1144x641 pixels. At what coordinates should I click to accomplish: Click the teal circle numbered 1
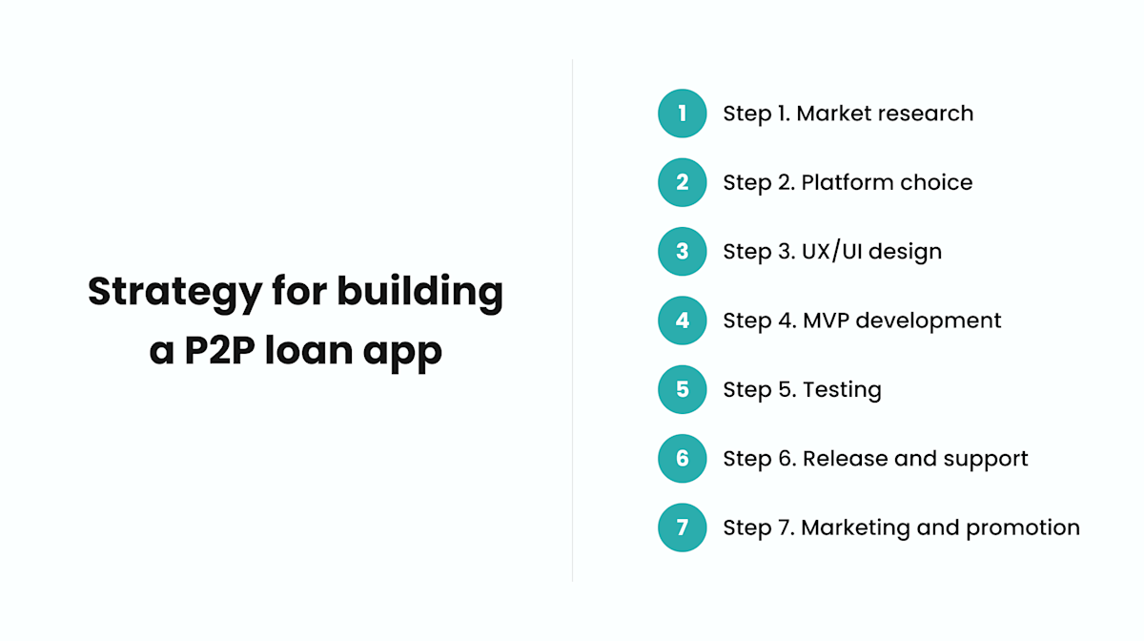(x=682, y=114)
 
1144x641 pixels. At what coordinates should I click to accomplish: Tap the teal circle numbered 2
(x=682, y=182)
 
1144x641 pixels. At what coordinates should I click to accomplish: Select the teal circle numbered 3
(x=682, y=252)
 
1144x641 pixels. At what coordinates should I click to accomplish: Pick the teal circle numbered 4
(x=682, y=320)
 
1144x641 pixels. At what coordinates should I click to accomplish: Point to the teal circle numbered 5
(x=682, y=389)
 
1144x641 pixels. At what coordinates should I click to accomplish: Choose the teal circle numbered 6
(x=682, y=459)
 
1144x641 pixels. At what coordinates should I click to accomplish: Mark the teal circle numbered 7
(x=682, y=527)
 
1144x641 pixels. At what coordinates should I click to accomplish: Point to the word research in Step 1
(x=926, y=114)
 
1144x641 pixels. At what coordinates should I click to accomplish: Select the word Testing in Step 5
(x=842, y=390)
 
